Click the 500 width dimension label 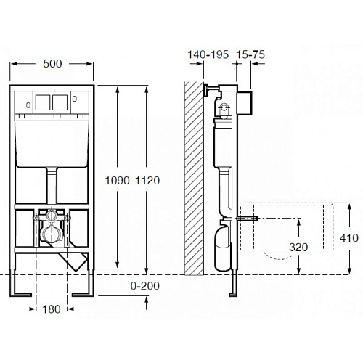coord(52,64)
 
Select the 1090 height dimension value coord(118,181)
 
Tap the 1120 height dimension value coord(147,181)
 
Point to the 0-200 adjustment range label coord(145,286)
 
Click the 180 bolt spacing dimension coord(52,309)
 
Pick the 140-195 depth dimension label coord(208,54)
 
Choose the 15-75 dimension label coord(250,54)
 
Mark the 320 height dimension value coord(298,248)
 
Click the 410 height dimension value coord(349,238)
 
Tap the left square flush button coord(43,102)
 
